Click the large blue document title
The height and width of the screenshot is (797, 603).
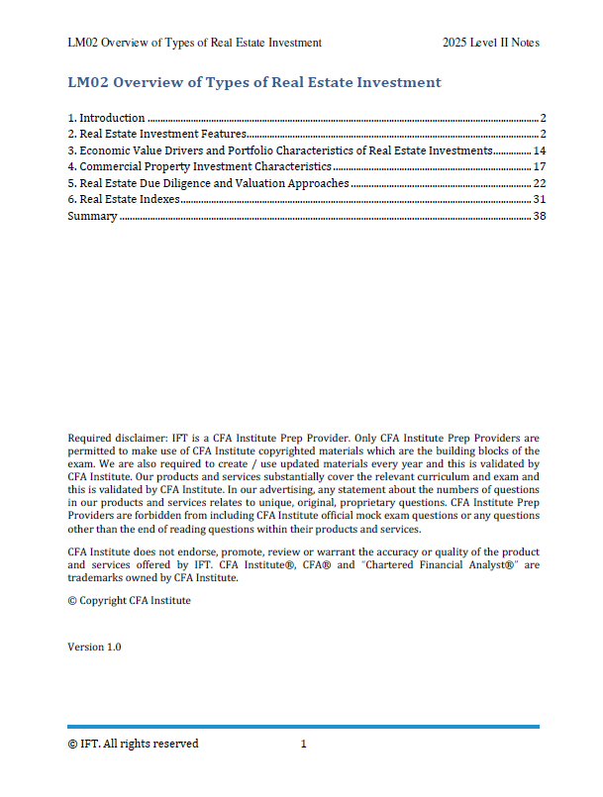coord(253,82)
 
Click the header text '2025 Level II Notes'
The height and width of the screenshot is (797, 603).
coord(491,43)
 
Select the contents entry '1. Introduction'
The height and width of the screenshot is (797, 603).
coord(106,118)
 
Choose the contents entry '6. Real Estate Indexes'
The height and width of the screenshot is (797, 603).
coord(124,200)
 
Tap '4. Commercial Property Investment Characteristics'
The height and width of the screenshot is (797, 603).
coord(199,167)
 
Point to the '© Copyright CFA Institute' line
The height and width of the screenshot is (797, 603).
coord(129,600)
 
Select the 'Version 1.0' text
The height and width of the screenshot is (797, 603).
coord(94,647)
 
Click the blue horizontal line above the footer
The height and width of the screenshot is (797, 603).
coord(303,727)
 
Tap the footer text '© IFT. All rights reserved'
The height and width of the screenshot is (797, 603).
coord(133,744)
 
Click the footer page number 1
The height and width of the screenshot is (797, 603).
coord(304,744)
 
